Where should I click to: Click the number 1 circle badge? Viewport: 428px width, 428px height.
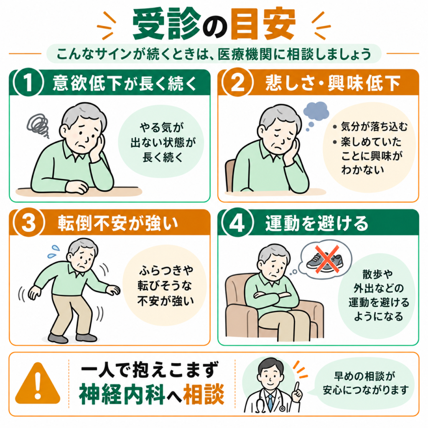click(x=29, y=82)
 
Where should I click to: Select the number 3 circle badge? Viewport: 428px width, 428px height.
click(x=29, y=222)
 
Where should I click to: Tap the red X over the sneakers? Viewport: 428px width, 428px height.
click(x=327, y=259)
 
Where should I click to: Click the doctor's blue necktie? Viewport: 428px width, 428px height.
click(x=270, y=403)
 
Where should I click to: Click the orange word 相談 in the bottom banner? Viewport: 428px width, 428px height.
click(x=204, y=394)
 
